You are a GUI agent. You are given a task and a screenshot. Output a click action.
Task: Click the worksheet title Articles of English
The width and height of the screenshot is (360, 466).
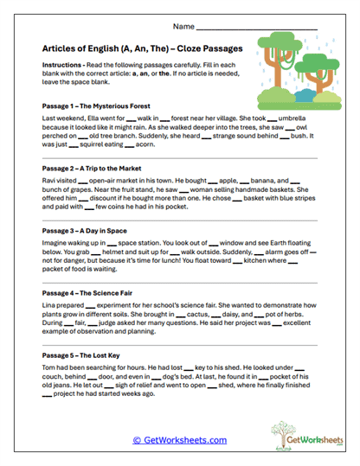(x=141, y=50)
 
